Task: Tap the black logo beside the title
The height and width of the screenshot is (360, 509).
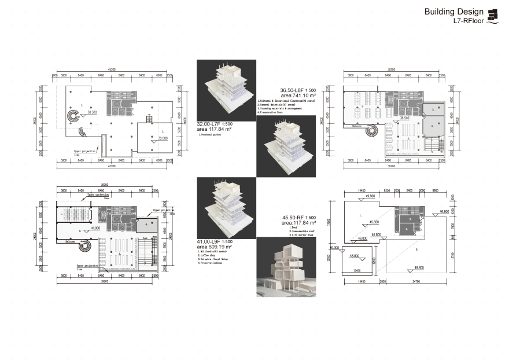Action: pyautogui.click(x=493, y=16)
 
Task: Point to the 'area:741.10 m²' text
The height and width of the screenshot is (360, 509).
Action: pyautogui.click(x=298, y=96)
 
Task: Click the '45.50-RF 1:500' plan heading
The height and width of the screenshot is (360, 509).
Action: pyautogui.click(x=298, y=217)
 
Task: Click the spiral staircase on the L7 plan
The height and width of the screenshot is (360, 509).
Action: pyautogui.click(x=73, y=117)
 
